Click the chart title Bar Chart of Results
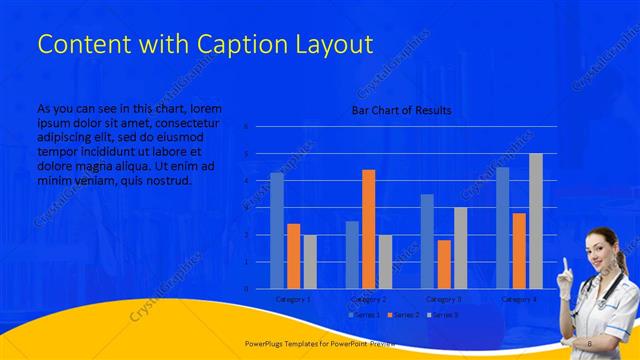coord(400,110)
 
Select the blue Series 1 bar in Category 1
coord(277,230)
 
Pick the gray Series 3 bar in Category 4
coord(535,220)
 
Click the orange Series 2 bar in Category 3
coord(444,264)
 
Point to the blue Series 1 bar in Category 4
coord(502,227)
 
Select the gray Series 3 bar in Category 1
coord(310,261)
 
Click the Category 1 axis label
coord(293,298)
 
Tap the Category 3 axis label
coord(444,298)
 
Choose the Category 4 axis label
coord(518,298)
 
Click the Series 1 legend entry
coord(364,315)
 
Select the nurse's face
coord(602,243)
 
